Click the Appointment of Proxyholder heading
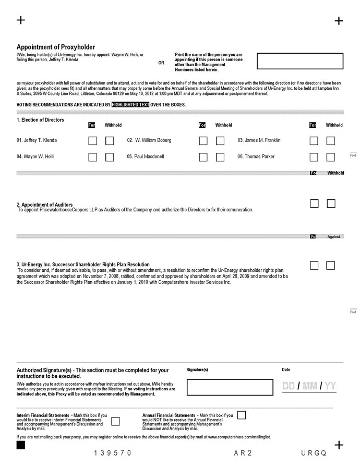click(x=56, y=47)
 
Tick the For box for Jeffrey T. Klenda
click(x=92, y=140)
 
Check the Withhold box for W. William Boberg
click(x=220, y=140)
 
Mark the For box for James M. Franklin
click(x=314, y=140)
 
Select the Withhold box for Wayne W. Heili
click(x=110, y=157)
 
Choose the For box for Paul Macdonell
click(x=203, y=157)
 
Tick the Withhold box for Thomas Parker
click(x=331, y=157)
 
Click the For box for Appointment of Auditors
click(x=314, y=204)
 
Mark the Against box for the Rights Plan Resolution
click(x=330, y=265)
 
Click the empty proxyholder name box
click(x=300, y=61)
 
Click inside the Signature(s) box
click(x=230, y=387)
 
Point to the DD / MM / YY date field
click(x=309, y=386)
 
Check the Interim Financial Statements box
click(x=115, y=421)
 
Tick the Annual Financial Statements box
click(x=242, y=415)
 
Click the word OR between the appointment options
click(x=161, y=63)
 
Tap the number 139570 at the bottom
click(x=113, y=453)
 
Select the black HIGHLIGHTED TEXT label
click(x=130, y=104)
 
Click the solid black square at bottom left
click(x=21, y=445)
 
